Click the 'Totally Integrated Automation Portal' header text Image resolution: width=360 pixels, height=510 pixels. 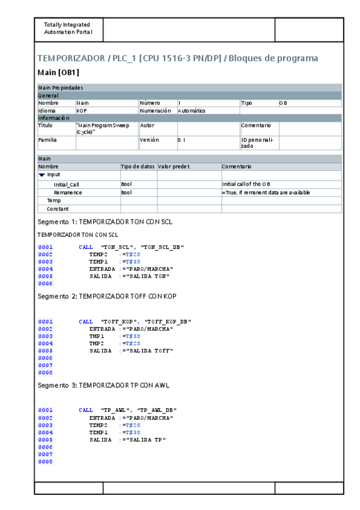tap(67, 28)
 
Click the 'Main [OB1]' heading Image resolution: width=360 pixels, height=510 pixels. tap(58, 73)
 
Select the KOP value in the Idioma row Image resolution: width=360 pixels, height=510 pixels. tap(82, 111)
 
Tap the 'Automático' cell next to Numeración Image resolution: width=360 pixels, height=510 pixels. tap(192, 111)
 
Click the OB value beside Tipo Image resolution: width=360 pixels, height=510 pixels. tap(283, 103)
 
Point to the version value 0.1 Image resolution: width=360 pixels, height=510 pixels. tap(181, 140)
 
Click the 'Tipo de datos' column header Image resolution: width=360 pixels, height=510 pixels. tap(138, 166)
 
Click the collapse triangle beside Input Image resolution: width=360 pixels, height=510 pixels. tap(41, 174)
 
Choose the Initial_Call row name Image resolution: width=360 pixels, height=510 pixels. tap(66, 184)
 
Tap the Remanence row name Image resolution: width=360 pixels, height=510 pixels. tap(67, 192)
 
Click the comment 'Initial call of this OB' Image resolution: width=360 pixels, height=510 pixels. tap(246, 184)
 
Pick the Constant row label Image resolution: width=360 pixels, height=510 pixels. tap(57, 209)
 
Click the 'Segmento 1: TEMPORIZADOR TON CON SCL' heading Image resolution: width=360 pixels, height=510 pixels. tap(105, 221)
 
